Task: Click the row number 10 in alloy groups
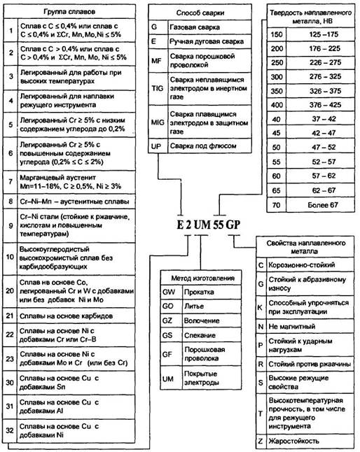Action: click(x=11, y=256)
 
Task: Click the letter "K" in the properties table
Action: click(x=261, y=306)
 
